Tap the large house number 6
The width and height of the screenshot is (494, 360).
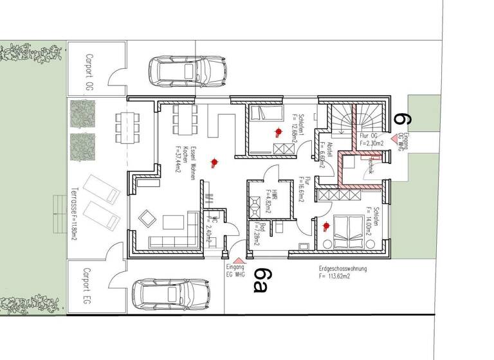coord(402,118)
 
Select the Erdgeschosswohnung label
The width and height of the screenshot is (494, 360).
coord(343,273)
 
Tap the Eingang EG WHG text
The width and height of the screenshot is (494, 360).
coord(237,270)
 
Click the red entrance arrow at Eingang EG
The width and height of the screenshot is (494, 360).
coord(237,260)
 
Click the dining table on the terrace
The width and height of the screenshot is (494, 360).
coord(127,126)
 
